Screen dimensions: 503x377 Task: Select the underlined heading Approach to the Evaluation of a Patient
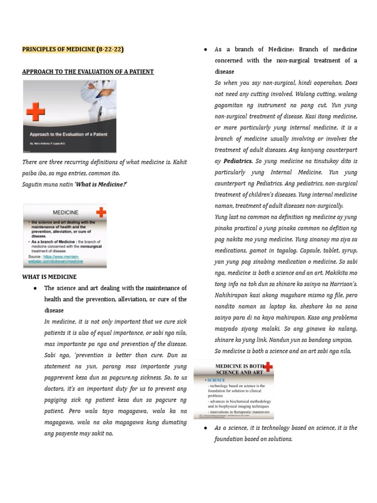(88, 72)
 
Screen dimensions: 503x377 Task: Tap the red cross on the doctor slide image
(36, 112)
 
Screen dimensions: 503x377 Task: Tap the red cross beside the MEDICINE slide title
(100, 213)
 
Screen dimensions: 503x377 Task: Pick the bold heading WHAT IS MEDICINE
(49, 277)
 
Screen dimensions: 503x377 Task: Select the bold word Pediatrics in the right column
(238, 161)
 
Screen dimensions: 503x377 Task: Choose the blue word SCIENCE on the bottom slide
(216, 380)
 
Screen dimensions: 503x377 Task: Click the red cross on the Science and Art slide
(268, 367)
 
